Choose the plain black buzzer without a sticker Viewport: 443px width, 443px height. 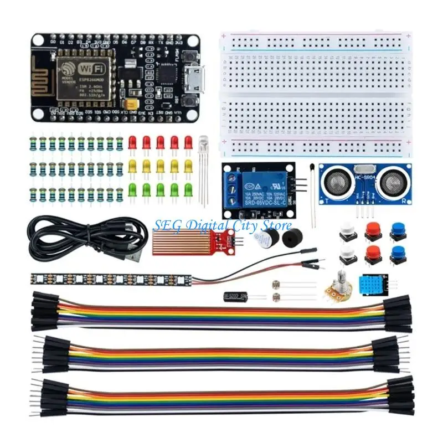(x=289, y=239)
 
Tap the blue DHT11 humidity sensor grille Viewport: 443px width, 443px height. (x=370, y=284)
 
